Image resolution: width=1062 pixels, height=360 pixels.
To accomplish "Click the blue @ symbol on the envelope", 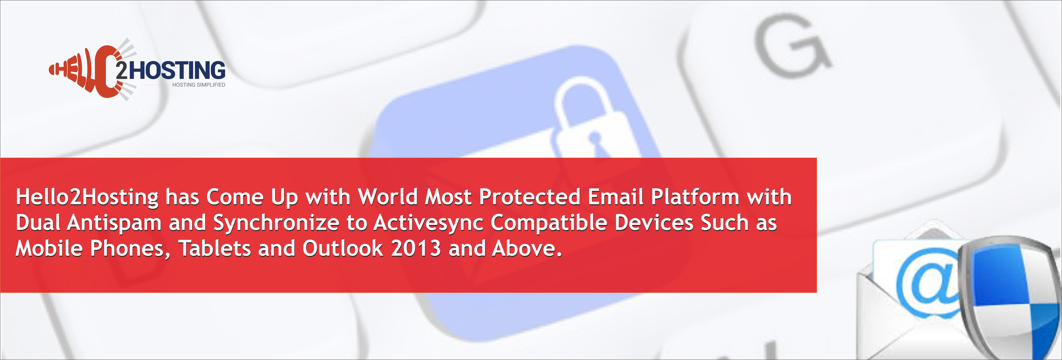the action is [x=930, y=285].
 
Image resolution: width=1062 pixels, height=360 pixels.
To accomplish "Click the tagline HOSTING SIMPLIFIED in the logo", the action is [x=199, y=85].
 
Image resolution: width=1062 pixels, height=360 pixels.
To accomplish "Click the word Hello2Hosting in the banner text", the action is [x=87, y=197].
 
